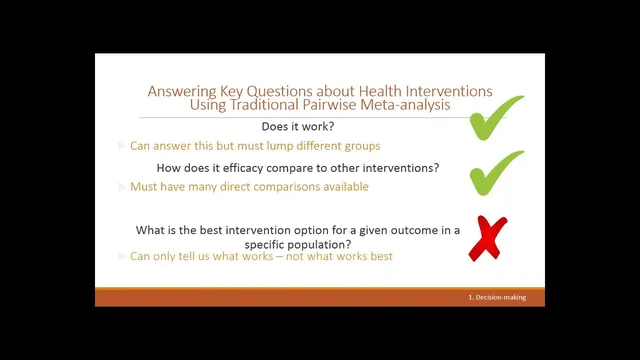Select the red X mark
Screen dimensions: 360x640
point(487,238)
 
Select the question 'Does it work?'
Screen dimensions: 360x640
point(299,126)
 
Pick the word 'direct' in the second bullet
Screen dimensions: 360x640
point(239,187)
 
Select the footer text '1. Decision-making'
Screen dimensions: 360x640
point(496,298)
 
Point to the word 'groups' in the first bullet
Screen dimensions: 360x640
point(360,146)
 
